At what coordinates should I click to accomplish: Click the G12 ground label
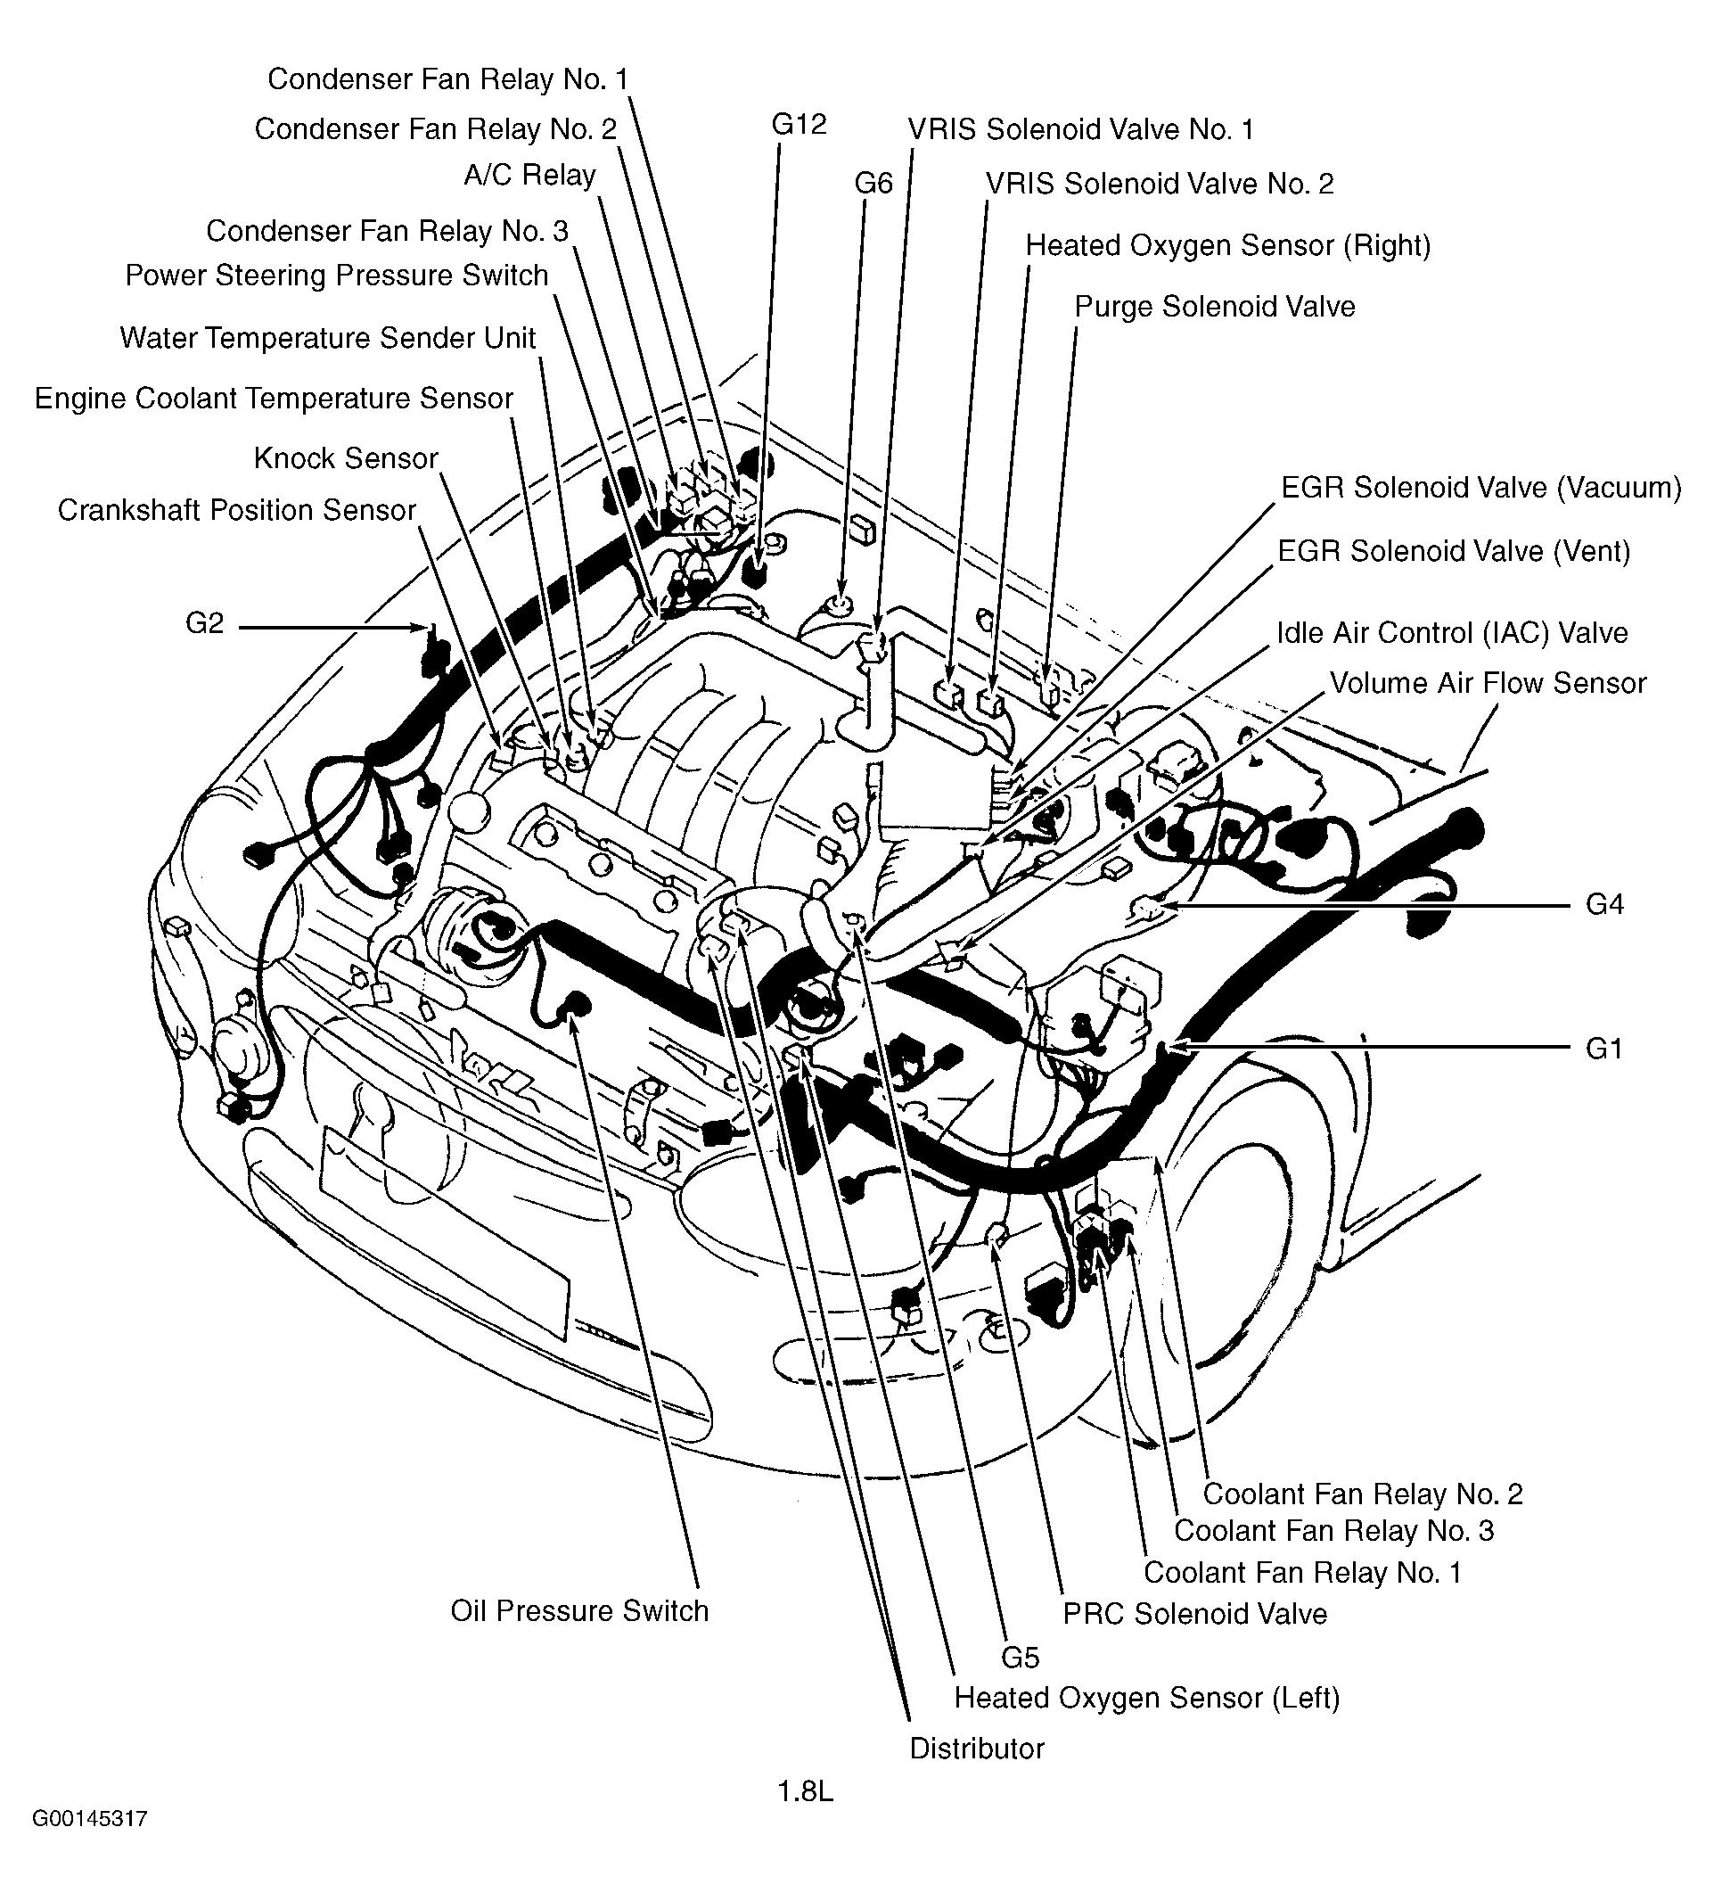click(x=798, y=125)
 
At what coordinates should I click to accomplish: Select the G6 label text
click(x=873, y=183)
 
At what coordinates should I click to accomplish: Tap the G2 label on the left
click(x=205, y=623)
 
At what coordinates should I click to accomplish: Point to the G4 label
click(x=1604, y=904)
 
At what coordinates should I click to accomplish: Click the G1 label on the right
click(x=1603, y=1048)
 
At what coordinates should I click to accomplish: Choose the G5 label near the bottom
click(x=1020, y=1658)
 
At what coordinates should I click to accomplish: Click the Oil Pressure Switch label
click(x=579, y=1610)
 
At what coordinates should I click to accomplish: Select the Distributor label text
click(x=976, y=1748)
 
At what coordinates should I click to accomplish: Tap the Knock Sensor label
click(x=346, y=458)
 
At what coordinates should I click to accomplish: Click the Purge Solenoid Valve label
click(x=1214, y=307)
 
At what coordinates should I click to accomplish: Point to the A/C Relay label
click(x=529, y=176)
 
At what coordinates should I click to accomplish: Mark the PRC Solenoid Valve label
click(x=1194, y=1613)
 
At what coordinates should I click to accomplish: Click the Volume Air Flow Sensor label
click(x=1487, y=683)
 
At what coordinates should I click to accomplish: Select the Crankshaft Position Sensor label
click(x=236, y=510)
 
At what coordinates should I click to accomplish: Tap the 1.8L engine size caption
click(x=805, y=1791)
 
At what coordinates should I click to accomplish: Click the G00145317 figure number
click(x=90, y=1845)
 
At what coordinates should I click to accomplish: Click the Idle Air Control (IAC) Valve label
click(x=1451, y=633)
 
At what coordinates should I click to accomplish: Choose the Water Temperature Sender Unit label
click(x=328, y=338)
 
